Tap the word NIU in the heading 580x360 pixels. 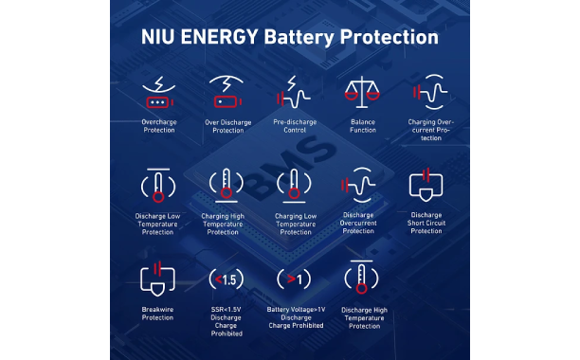pyautogui.click(x=157, y=37)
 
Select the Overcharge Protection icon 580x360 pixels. pyautogui.click(x=159, y=93)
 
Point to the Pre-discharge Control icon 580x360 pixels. pyautogui.click(x=294, y=93)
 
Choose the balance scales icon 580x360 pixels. pyautogui.click(x=362, y=92)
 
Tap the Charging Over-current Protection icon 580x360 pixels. pyautogui.click(x=430, y=92)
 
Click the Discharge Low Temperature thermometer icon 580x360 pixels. pyautogui.click(x=158, y=185)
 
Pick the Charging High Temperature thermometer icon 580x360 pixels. pyautogui.click(x=227, y=185)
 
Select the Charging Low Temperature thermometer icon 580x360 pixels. pyautogui.click(x=294, y=186)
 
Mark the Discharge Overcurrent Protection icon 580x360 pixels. pyautogui.click(x=358, y=185)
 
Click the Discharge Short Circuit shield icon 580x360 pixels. pyautogui.click(x=426, y=185)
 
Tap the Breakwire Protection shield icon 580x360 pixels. pyautogui.click(x=157, y=279)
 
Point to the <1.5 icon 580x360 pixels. pyautogui.click(x=227, y=279)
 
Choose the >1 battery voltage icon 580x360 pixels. pyautogui.click(x=294, y=279)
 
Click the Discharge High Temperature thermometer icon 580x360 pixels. pyautogui.click(x=361, y=278)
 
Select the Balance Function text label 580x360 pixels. pyautogui.click(x=363, y=126)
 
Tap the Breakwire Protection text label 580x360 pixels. pyautogui.click(x=157, y=314)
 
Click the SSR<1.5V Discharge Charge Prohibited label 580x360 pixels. pyautogui.click(x=227, y=321)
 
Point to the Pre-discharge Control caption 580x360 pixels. pyautogui.click(x=295, y=126)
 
